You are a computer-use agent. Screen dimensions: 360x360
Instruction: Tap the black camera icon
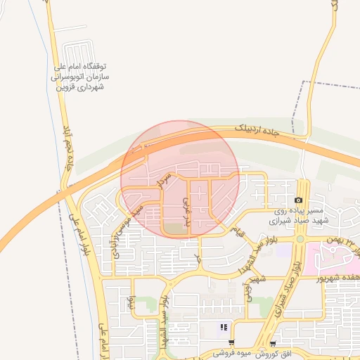[298, 200]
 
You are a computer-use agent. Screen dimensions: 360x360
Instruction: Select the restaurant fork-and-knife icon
[224, 326]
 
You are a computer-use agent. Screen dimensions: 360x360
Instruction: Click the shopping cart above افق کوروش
[272, 344]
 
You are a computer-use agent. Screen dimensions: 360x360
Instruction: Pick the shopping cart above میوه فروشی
[232, 344]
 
